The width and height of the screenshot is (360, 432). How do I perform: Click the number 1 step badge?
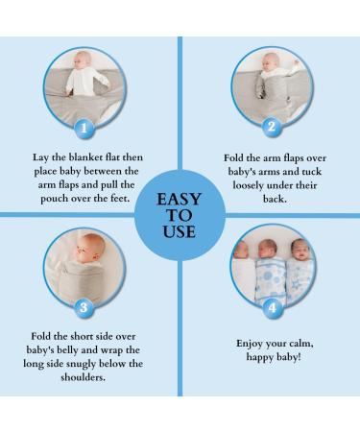(84, 129)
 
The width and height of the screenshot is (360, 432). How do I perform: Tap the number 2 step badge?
(272, 127)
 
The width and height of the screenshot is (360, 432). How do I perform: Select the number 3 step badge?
(84, 307)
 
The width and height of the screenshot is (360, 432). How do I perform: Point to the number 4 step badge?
(273, 308)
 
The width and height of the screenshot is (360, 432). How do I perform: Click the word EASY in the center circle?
(179, 199)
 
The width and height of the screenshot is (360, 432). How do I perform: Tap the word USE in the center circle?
(180, 231)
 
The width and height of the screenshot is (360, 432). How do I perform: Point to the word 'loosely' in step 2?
(249, 185)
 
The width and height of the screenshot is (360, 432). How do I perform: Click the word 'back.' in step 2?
(275, 199)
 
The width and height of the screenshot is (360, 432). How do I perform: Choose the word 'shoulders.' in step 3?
(84, 377)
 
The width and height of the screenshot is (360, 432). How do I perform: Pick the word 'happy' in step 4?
(260, 357)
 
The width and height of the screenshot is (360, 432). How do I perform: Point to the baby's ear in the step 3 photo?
(97, 247)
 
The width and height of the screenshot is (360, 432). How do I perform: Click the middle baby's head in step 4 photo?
(268, 249)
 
